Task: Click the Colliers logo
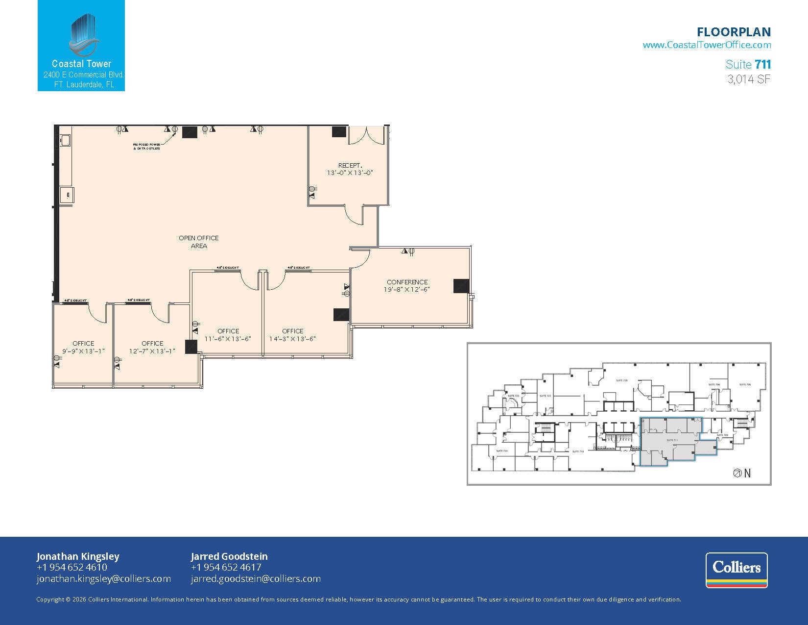click(736, 570)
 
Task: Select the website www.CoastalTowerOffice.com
click(706, 45)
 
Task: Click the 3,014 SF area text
click(749, 79)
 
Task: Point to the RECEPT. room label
click(350, 169)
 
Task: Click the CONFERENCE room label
click(407, 286)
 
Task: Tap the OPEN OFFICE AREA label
click(198, 242)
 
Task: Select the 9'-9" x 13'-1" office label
click(83, 347)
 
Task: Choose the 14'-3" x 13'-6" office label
click(292, 335)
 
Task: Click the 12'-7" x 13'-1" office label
click(152, 347)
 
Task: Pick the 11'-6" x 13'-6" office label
click(228, 335)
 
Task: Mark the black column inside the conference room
click(461, 286)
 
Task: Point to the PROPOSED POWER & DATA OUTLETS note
click(146, 147)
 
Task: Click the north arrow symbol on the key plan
click(737, 474)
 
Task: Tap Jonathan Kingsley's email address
click(104, 578)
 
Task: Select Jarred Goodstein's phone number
click(226, 567)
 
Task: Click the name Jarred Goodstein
click(229, 556)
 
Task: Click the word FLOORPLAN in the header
click(734, 32)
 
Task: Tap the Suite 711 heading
click(748, 64)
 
